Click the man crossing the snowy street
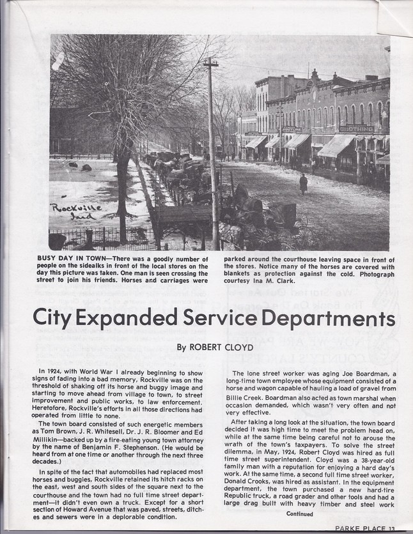(303, 184)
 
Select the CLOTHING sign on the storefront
(357, 128)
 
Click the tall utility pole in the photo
(213, 153)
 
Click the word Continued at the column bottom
(300, 514)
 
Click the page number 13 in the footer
(394, 528)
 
